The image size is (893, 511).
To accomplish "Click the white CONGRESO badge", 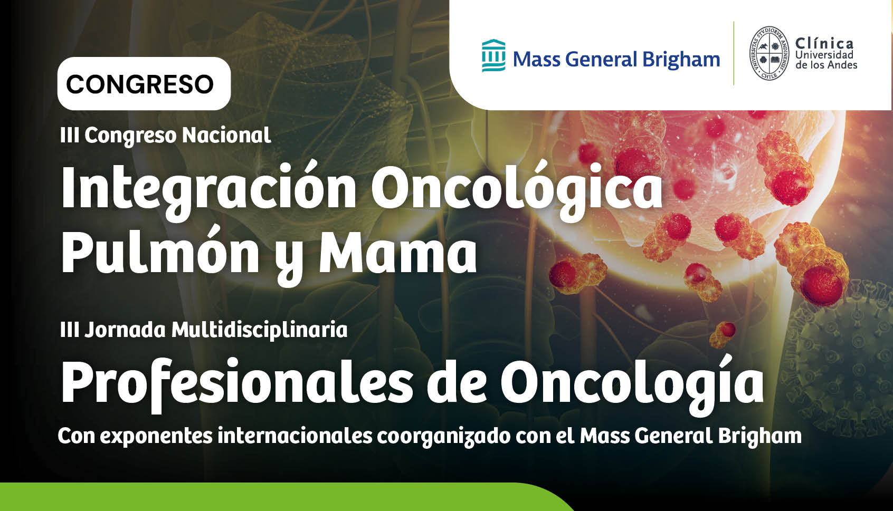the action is (144, 84).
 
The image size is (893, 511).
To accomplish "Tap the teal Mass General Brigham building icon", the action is (493, 55).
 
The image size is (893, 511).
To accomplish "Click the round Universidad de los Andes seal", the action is (769, 53).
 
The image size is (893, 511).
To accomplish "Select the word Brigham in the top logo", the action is (681, 60).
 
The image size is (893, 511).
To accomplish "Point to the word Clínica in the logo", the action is (824, 43).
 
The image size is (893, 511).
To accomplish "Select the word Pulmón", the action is (160, 252).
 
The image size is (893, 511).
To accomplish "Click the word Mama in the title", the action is (397, 252).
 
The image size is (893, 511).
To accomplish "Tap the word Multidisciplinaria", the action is (260, 330).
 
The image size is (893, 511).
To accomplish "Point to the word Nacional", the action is (227, 135).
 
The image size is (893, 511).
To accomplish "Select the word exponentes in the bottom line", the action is (156, 437).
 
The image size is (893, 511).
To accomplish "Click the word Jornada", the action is (125, 330).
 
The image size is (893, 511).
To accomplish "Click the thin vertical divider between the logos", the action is (734, 53).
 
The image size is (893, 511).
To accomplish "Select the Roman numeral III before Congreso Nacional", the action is (69, 136).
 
